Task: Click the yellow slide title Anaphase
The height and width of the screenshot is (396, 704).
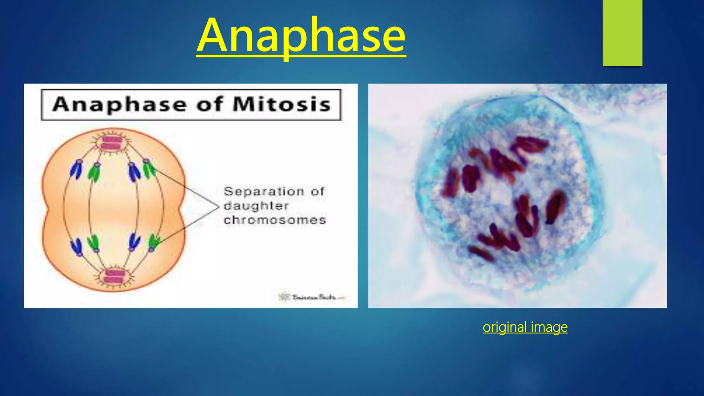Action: (301, 36)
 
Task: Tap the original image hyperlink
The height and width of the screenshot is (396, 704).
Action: (525, 327)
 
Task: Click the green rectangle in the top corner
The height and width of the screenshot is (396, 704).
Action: (622, 33)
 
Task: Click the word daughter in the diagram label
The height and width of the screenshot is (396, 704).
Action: (256, 206)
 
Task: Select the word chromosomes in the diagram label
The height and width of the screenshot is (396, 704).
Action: (275, 220)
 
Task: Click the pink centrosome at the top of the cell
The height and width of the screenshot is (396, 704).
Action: (112, 143)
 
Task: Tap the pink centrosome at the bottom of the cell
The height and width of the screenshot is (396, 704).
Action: (113, 277)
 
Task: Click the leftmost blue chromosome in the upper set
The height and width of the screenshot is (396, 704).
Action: (76, 169)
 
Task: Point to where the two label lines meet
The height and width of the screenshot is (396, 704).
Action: (218, 207)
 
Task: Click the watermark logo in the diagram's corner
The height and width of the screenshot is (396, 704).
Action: (284, 296)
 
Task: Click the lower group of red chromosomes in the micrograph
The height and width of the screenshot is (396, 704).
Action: (516, 229)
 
